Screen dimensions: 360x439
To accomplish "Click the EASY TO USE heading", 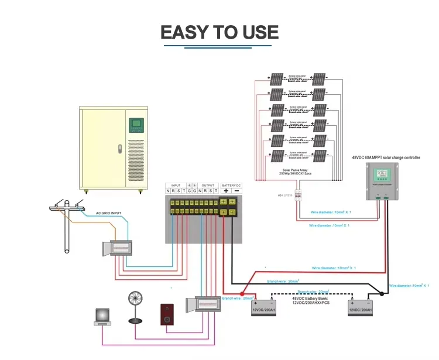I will click(220, 32).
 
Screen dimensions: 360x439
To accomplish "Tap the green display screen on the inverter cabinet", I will click(135, 125).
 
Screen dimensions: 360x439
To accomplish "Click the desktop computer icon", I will click(103, 316).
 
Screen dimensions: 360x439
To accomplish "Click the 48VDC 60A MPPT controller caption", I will click(386, 157).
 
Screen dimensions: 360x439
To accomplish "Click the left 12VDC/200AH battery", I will click(263, 308).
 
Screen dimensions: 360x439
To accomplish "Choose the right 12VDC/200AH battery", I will click(360, 308).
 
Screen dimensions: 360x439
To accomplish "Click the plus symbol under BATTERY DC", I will click(225, 191).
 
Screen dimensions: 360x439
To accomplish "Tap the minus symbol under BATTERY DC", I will click(236, 191).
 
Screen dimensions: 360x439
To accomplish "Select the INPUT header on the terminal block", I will click(176, 184).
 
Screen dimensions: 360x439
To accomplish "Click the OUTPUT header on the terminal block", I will click(208, 184).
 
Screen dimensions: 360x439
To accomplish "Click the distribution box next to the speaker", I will click(203, 307).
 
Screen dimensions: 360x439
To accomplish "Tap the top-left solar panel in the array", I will click(276, 80).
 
